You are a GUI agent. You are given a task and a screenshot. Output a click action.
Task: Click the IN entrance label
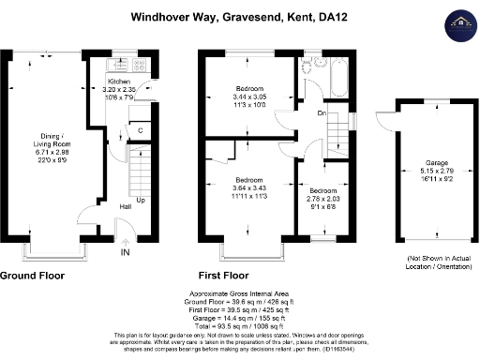126,252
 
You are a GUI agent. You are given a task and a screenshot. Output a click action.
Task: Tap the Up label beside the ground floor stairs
141,200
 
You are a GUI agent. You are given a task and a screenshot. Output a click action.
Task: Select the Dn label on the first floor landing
321,114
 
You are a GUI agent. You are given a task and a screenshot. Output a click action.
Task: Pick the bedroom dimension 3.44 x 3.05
248,97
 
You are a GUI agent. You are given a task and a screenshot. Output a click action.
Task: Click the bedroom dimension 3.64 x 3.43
248,187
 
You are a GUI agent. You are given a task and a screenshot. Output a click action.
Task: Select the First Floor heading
223,277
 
